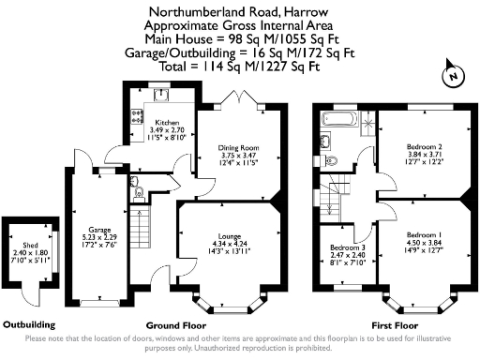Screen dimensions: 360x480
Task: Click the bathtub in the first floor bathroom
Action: coord(335,118)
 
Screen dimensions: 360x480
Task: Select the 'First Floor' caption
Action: coord(395,324)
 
